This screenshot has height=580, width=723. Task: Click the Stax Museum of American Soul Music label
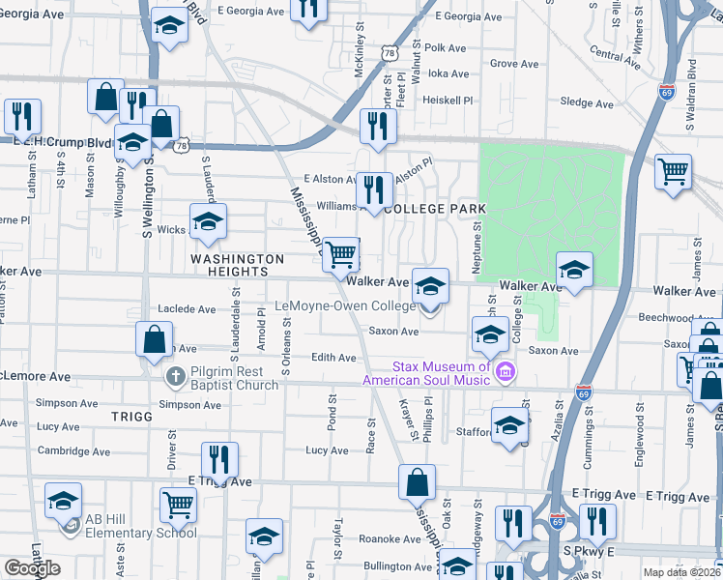pyautogui.click(x=440, y=373)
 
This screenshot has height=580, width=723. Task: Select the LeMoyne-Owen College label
pyautogui.click(x=345, y=305)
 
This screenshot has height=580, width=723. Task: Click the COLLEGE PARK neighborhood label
pyautogui.click(x=434, y=209)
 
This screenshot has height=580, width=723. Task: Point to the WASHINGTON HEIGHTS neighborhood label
pyautogui.click(x=238, y=267)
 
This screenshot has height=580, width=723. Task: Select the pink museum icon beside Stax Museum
pyautogui.click(x=504, y=371)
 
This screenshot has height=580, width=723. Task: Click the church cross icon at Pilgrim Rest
pyautogui.click(x=175, y=376)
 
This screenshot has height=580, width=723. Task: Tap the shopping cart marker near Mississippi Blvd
pyautogui.click(x=340, y=255)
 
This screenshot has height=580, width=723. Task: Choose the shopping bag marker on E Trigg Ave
pyautogui.click(x=417, y=481)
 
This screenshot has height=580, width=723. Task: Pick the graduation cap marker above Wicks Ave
pyautogui.click(x=208, y=221)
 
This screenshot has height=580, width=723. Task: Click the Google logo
pyautogui.click(x=33, y=568)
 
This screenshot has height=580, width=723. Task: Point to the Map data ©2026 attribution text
pyautogui.click(x=681, y=572)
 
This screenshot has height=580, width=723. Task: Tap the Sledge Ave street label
pyautogui.click(x=587, y=103)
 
